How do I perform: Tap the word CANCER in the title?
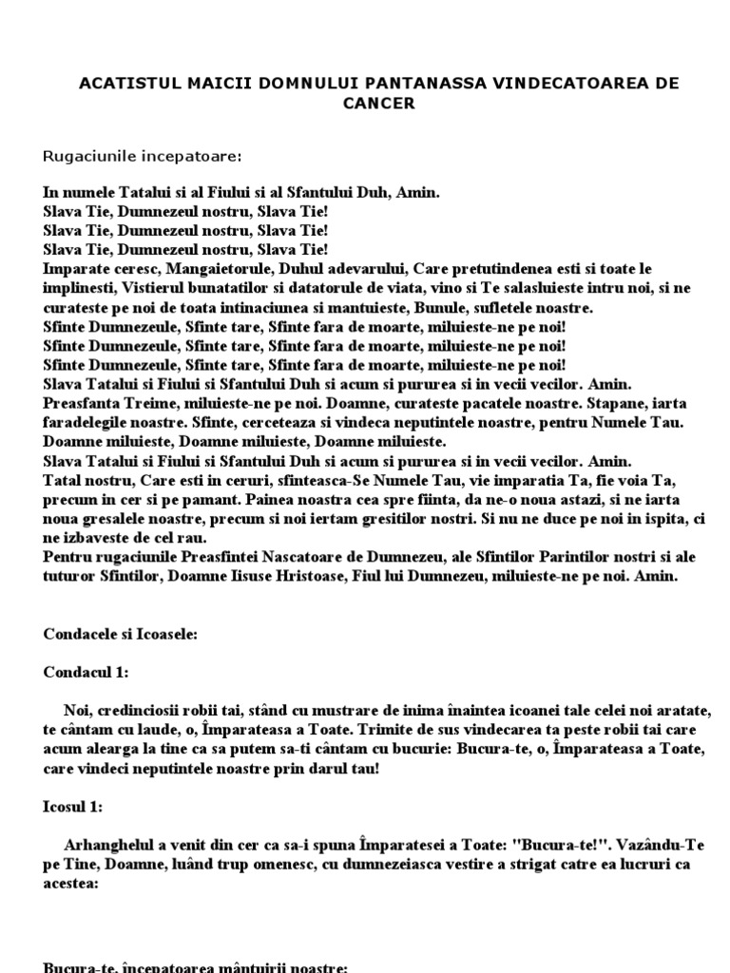pyautogui.click(x=379, y=103)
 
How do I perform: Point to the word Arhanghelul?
pyautogui.click(x=106, y=844)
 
